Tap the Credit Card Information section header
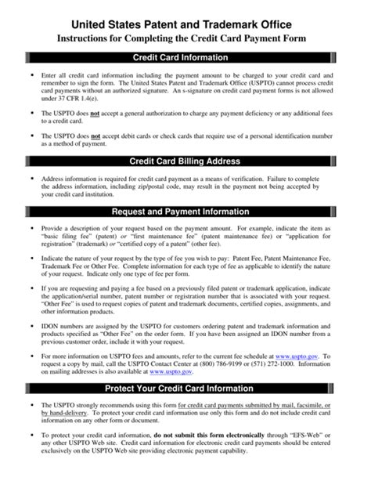click(185, 57)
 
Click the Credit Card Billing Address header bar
click(185, 162)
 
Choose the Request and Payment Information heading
click(185, 212)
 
